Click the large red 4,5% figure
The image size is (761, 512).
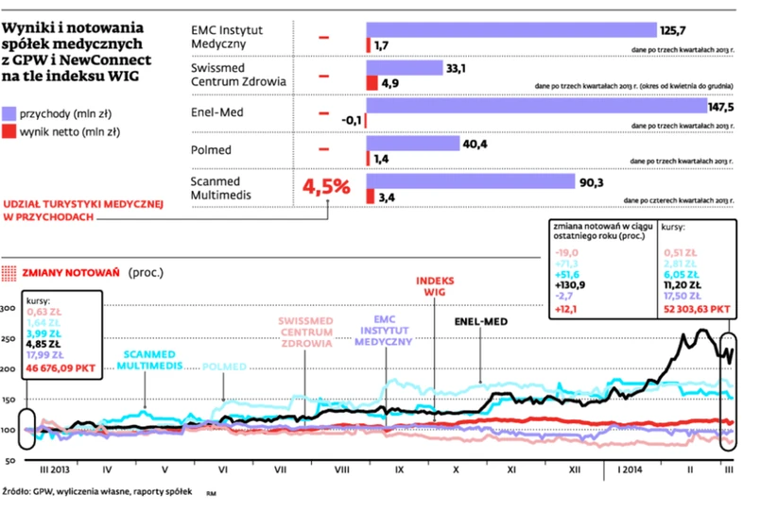tap(326, 186)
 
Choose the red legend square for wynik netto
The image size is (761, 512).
tap(9, 131)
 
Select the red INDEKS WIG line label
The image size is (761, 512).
tap(435, 286)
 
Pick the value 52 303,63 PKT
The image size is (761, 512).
tap(697, 307)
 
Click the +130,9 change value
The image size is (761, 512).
tap(571, 282)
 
